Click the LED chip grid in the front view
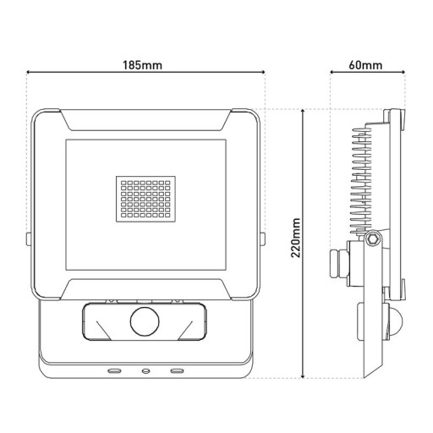click(x=146, y=199)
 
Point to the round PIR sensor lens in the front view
click(x=145, y=322)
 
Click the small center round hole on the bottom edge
click(x=145, y=370)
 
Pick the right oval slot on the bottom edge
click(x=177, y=370)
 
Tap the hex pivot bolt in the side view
click(x=372, y=241)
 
